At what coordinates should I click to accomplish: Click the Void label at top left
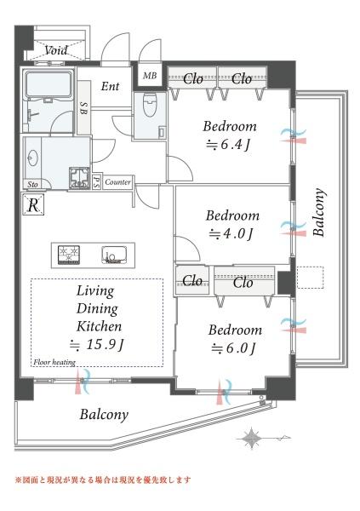56,50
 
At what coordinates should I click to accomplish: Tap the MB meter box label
150,76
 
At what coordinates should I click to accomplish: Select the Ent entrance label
110,86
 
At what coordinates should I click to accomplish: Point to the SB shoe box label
83,108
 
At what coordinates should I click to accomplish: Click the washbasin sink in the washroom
32,159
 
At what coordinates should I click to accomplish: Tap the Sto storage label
32,185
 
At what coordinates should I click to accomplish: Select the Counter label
117,182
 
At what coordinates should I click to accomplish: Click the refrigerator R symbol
33,205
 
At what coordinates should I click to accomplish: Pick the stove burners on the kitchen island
69,255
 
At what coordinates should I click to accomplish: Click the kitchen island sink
114,255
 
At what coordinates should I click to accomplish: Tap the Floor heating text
54,362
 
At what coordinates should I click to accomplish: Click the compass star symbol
252,439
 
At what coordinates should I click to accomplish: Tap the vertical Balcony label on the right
318,212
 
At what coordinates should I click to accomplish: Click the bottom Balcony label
104,415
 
